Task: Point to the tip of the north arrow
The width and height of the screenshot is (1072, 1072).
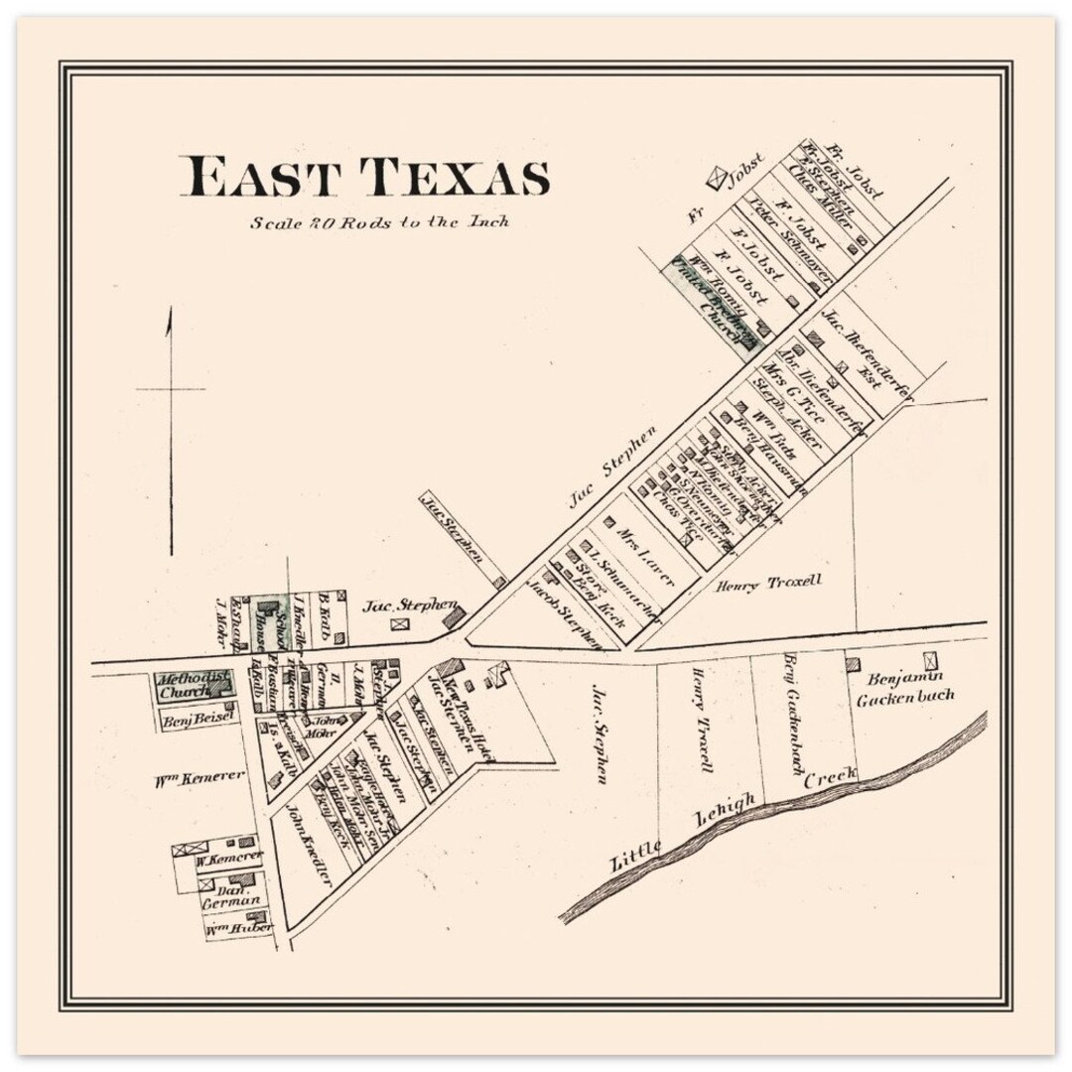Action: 170,311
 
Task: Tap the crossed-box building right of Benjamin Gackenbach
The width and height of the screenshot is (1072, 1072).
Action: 930,660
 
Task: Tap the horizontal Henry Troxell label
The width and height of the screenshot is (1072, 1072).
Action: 769,584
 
